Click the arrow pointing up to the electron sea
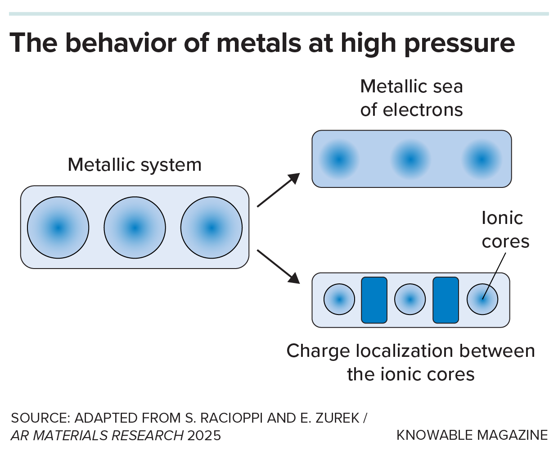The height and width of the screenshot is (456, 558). coord(278,190)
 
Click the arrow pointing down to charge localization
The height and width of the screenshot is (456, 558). coord(278,266)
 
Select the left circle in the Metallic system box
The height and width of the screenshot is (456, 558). coord(58,228)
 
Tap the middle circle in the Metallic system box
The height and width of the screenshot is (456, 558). coord(135,228)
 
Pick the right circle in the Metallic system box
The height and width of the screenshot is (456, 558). coord(211,228)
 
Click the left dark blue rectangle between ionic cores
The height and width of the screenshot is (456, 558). coord(374,300)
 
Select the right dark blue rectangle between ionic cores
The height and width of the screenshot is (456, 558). coord(445,300)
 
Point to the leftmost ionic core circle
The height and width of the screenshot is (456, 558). coord(339,299)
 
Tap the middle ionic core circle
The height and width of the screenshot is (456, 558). coord(410,299)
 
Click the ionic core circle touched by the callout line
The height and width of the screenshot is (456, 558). coord(482,299)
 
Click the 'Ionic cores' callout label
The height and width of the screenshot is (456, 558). coord(504,230)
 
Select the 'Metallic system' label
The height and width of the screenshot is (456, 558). coord(135,165)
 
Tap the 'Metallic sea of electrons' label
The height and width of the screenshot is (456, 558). coord(411,98)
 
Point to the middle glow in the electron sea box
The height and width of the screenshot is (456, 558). coord(410,159)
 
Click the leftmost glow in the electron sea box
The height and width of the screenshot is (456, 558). coord(339,159)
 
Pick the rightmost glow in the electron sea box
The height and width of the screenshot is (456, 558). coord(481,159)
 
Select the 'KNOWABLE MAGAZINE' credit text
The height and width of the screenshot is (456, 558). coord(472,435)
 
